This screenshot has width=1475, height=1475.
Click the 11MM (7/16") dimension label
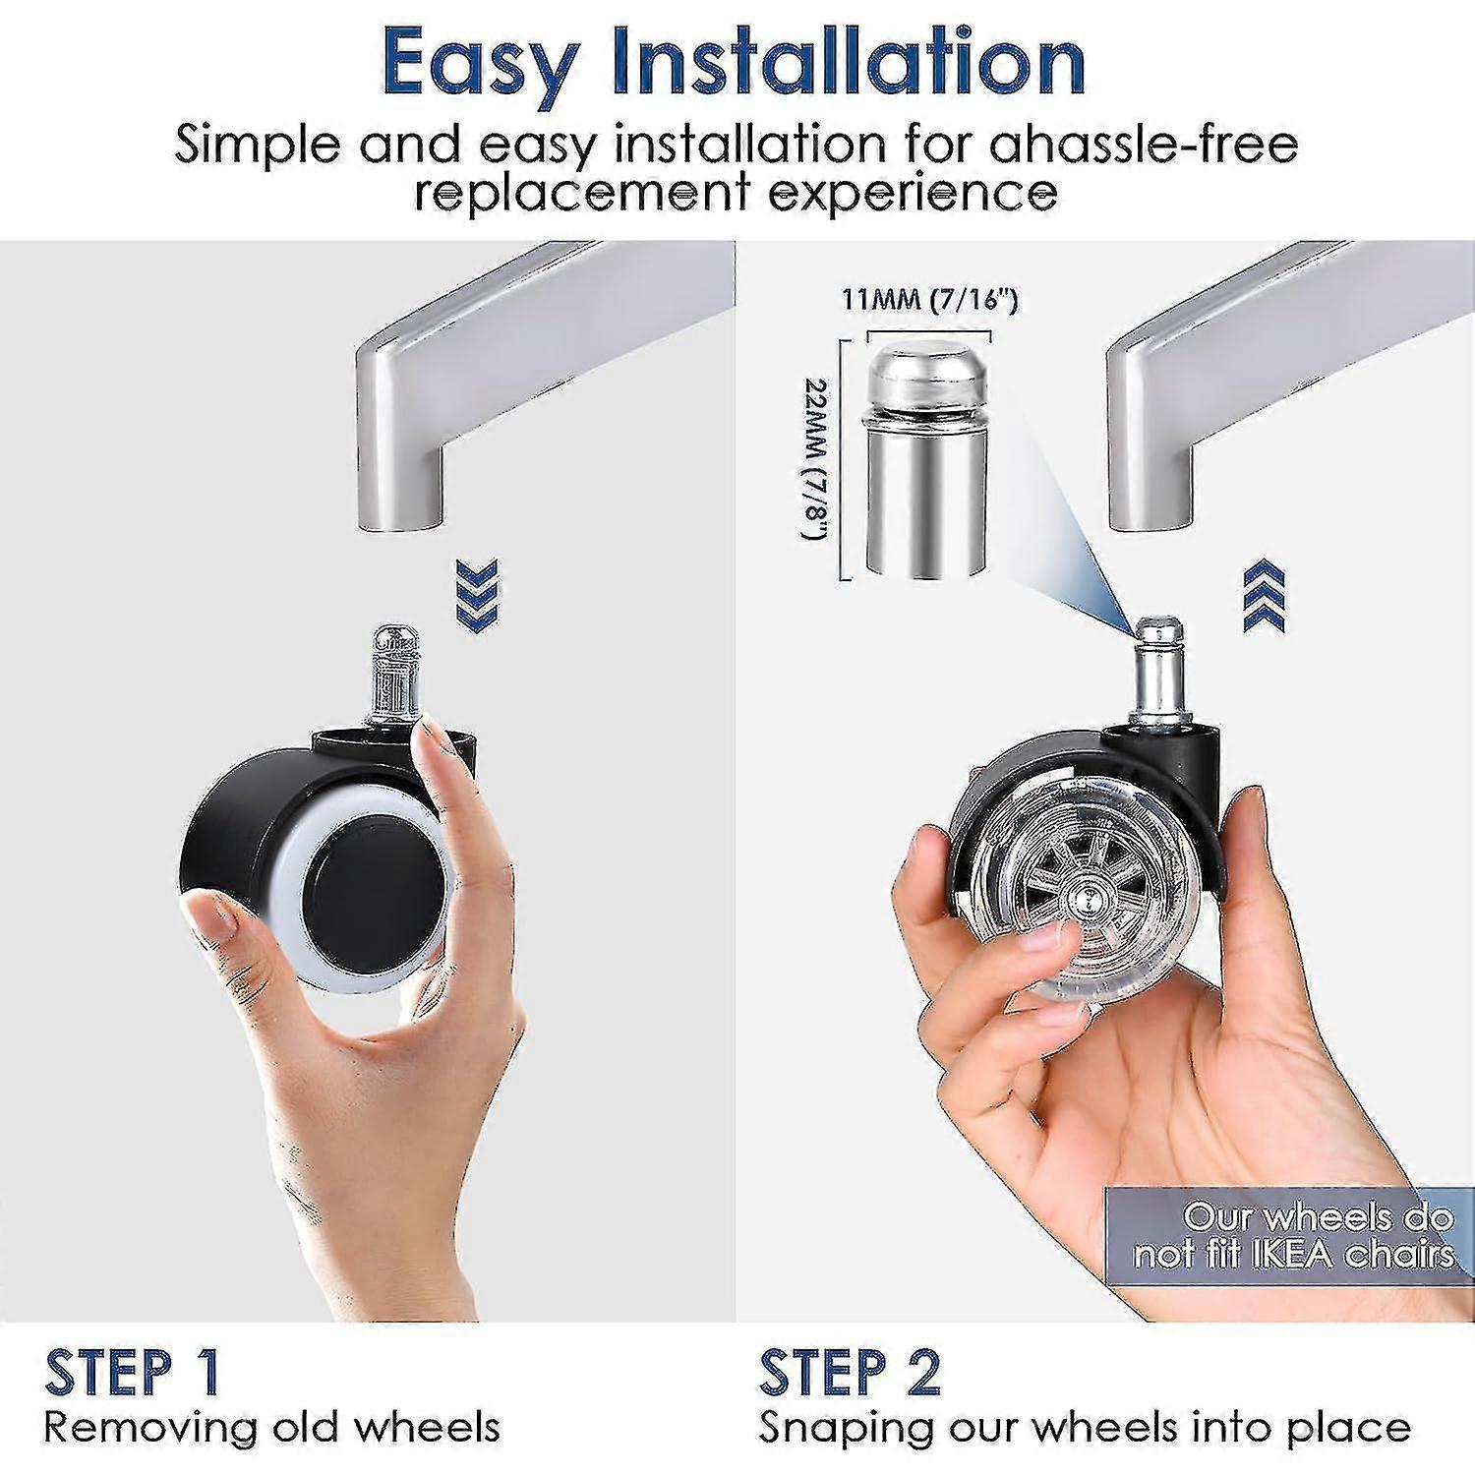(x=928, y=299)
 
